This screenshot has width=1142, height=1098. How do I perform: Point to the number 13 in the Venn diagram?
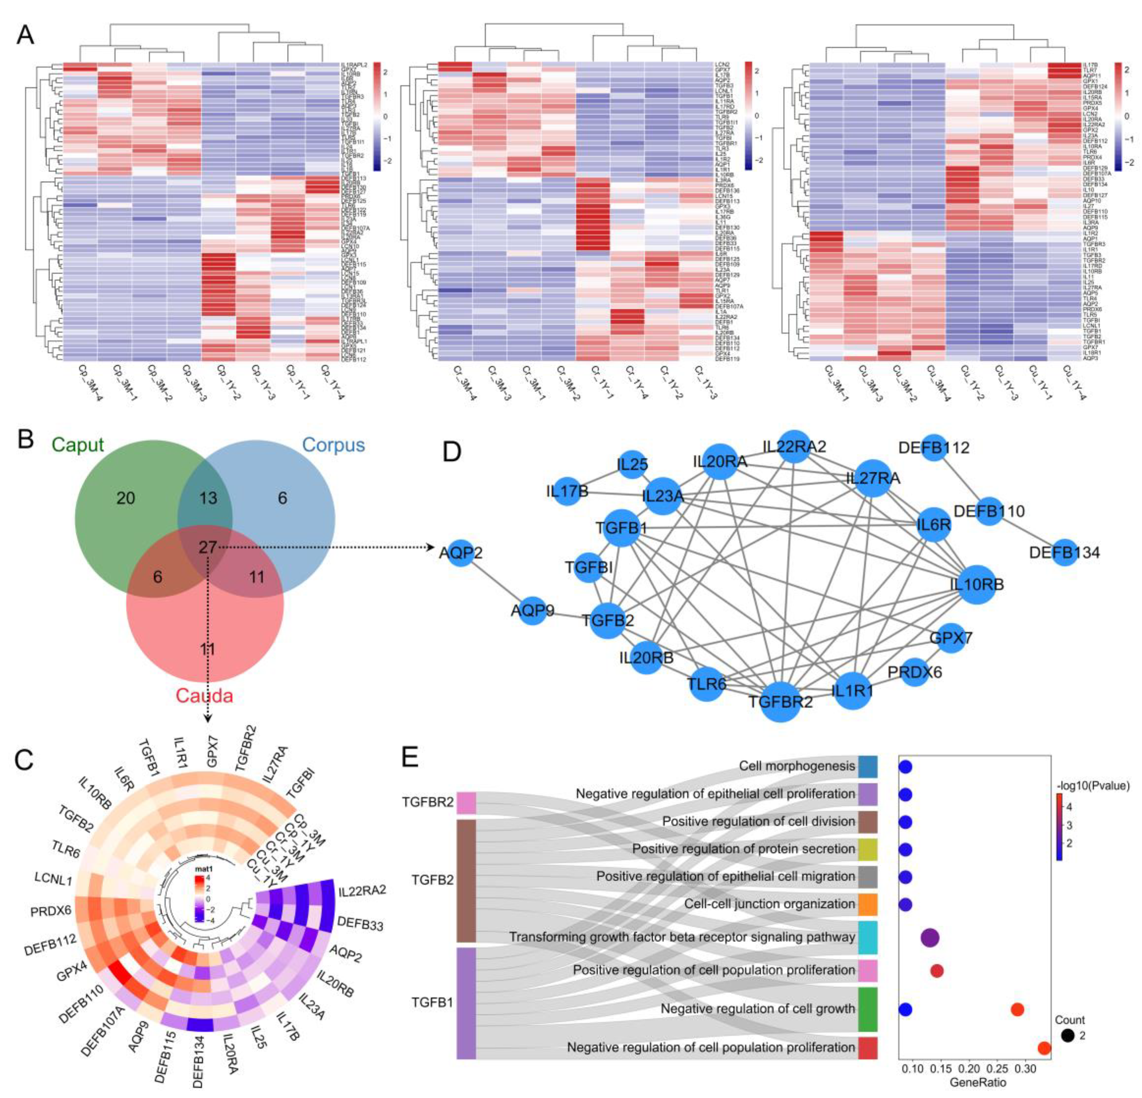pos(208,498)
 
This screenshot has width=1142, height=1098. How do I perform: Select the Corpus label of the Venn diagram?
pos(333,445)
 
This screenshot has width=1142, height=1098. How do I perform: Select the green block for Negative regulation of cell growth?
pos(867,1009)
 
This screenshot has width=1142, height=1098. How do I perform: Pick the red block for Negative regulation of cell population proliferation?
pos(867,1047)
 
